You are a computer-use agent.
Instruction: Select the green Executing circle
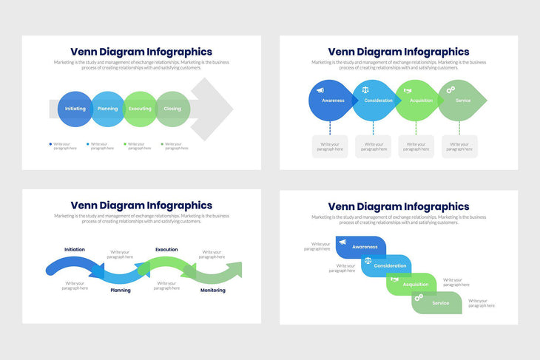141,109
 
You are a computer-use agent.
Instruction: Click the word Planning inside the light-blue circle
107,109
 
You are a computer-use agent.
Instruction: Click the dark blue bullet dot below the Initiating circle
50,144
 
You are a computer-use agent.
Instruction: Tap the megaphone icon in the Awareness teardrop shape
320,90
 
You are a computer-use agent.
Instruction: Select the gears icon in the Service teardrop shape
450,89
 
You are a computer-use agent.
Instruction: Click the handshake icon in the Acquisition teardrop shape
407,90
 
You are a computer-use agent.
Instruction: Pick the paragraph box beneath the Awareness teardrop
330,146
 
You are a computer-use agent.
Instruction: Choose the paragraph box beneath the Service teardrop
459,146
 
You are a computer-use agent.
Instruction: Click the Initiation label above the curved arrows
75,250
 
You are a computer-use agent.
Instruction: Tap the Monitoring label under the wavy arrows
213,291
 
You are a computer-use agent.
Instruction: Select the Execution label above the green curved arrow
166,250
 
